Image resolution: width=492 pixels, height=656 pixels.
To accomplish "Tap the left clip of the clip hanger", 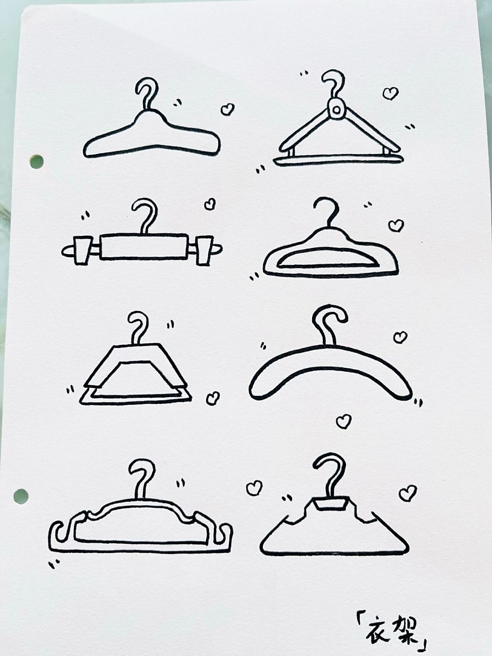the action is pyautogui.click(x=83, y=250).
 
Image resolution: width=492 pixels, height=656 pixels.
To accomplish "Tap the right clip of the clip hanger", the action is pyautogui.click(x=205, y=250).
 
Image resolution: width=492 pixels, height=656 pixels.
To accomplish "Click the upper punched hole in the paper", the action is pyautogui.click(x=37, y=161).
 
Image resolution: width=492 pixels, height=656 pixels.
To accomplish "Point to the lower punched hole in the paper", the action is pyautogui.click(x=21, y=497).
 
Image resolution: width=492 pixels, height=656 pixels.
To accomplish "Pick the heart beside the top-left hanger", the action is pyautogui.click(x=228, y=109).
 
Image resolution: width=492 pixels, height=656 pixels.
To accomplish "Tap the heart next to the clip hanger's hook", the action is pyautogui.click(x=210, y=204).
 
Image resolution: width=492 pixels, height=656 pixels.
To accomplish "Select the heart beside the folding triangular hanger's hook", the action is pyautogui.click(x=391, y=94).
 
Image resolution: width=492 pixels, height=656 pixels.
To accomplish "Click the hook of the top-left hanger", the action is pyautogui.click(x=147, y=93).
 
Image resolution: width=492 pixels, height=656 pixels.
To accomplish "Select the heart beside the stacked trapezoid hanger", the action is pyautogui.click(x=213, y=398).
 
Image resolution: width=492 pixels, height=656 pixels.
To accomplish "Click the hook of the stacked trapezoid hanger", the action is pyautogui.click(x=138, y=328).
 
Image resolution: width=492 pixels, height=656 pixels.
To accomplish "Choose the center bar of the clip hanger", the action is pyautogui.click(x=145, y=247).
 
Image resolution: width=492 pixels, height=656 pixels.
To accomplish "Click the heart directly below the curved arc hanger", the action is pyautogui.click(x=343, y=422).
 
